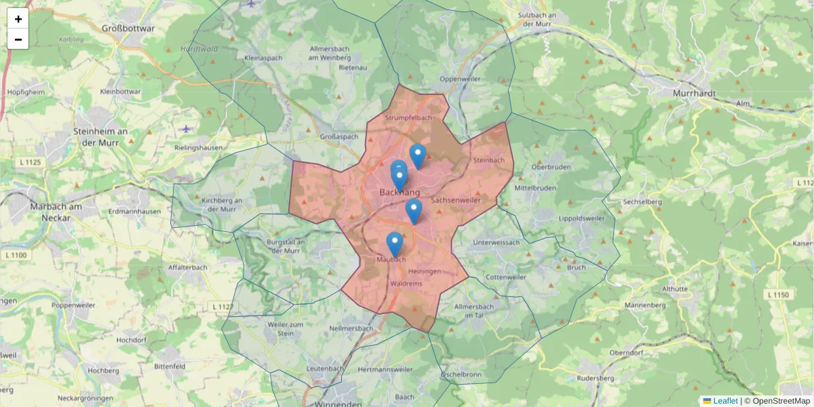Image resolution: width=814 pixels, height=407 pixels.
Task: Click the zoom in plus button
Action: pyautogui.click(x=18, y=19)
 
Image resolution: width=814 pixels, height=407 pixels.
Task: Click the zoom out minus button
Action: pyautogui.click(x=18, y=39)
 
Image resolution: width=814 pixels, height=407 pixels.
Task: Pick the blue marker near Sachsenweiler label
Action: pyautogui.click(x=414, y=211)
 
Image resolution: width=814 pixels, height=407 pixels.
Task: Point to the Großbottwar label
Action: pyautogui.click(x=128, y=28)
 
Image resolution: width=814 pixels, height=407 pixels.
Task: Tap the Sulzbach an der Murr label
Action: pyautogui.click(x=537, y=19)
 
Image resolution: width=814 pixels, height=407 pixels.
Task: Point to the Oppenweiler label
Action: pyautogui.click(x=460, y=79)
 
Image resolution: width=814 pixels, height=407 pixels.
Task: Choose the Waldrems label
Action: pyautogui.click(x=407, y=284)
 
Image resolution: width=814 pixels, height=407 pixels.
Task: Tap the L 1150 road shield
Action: pyautogui.click(x=779, y=294)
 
